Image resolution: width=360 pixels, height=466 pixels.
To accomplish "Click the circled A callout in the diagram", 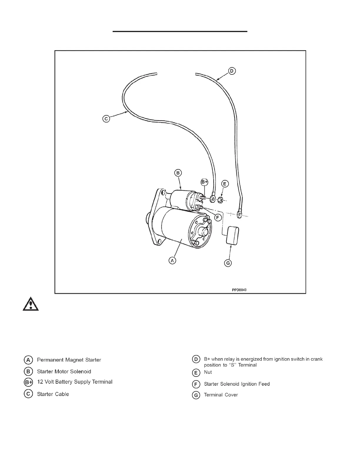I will [x=172, y=260].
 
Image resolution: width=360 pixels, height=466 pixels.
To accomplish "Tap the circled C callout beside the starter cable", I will [x=106, y=119].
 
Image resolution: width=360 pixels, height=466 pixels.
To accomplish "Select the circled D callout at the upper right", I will [x=232, y=71].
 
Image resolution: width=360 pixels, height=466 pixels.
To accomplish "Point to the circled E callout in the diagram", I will [x=225, y=184].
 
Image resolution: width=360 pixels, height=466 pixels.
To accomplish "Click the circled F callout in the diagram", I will [x=218, y=218].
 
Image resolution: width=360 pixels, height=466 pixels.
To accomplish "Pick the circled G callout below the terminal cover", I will [x=228, y=263].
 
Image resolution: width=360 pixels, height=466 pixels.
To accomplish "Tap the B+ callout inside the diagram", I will [x=205, y=182].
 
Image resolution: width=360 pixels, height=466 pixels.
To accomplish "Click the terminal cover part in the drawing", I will [x=232, y=235].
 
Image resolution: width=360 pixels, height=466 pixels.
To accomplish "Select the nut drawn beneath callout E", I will [x=220, y=201].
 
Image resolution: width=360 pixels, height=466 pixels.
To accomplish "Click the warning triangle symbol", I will [x=31, y=304].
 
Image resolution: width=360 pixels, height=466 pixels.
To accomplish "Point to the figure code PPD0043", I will [x=239, y=290].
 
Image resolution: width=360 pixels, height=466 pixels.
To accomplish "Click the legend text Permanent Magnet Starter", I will [x=69, y=360].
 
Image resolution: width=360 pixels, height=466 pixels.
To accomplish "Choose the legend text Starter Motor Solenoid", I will [x=64, y=372].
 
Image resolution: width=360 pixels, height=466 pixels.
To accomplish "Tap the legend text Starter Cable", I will [x=53, y=394].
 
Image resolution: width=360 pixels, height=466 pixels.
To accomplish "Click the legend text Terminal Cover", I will [x=221, y=395].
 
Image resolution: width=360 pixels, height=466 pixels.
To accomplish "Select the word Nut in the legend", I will [x=208, y=372].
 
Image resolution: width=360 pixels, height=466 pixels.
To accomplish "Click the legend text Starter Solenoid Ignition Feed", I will [x=236, y=384].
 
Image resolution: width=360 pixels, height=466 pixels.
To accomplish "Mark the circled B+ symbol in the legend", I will [x=29, y=382].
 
